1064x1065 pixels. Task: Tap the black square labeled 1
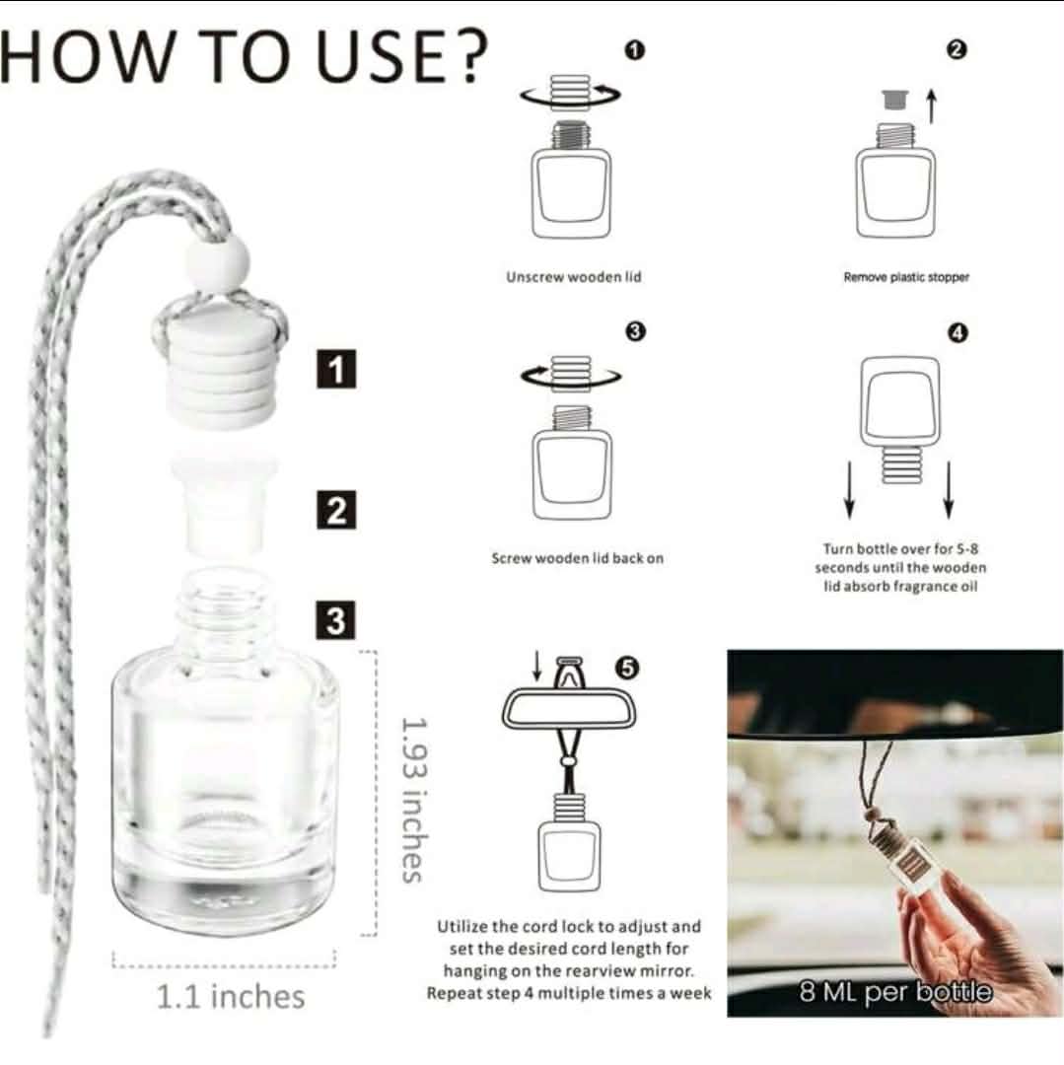336,372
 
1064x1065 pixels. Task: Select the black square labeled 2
336,512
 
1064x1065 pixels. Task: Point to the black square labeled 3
336,622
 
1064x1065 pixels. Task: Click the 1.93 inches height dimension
414,799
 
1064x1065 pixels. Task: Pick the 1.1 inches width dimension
231,995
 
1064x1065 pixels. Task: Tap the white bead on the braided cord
217,263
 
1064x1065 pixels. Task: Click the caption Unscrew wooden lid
573,277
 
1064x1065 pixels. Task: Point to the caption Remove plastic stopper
906,278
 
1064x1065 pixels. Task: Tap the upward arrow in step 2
930,105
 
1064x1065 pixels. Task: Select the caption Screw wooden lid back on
577,558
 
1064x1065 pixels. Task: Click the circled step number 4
956,333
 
